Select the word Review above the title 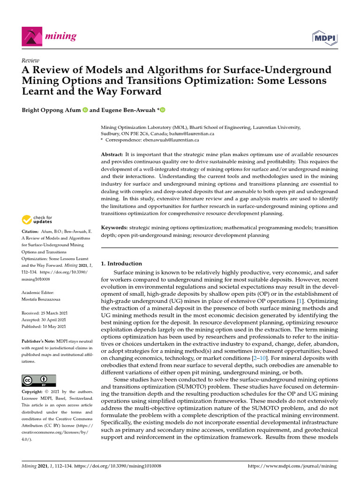coord(31,60)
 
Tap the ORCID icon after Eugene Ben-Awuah coord(163,110)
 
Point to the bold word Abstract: coord(112,154)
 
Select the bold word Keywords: coord(114,227)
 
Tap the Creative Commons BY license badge coord(38,380)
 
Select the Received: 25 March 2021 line coord(44,313)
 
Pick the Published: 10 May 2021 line coord(44,326)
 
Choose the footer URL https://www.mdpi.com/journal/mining coord(292,466)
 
